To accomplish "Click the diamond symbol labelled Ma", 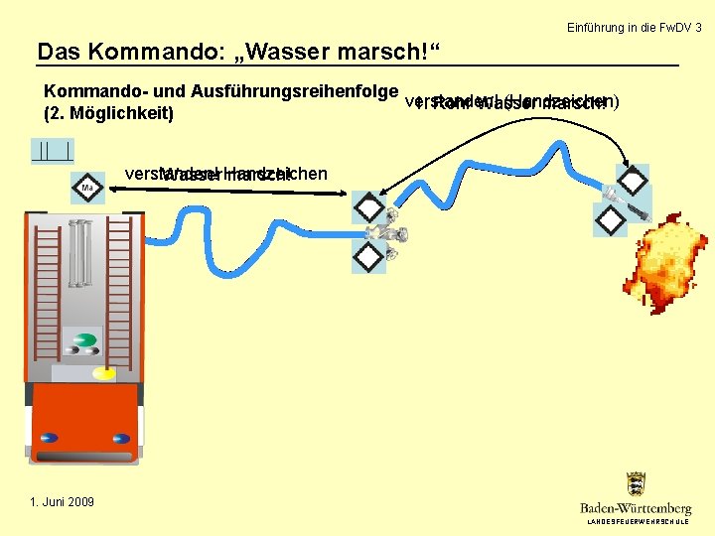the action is click(87, 187).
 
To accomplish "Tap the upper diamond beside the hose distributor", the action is click(368, 207).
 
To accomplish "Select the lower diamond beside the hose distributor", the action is click(368, 257).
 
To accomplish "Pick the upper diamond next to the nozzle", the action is click(633, 180).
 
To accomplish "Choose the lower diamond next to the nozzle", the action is click(609, 219).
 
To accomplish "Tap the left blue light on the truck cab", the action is click(47, 438).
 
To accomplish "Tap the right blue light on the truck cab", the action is click(121, 438).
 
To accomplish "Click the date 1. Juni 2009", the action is click(62, 502).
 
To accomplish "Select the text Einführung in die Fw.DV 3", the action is click(634, 28).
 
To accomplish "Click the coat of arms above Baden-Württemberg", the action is click(636, 485).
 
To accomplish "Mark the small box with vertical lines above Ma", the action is click(52, 151).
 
